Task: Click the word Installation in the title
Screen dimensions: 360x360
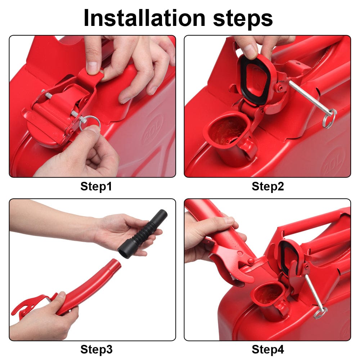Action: (x=144, y=18)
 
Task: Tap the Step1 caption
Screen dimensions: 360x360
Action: (x=96, y=186)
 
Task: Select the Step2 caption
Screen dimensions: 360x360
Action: (x=268, y=186)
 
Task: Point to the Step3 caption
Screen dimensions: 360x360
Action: (x=96, y=350)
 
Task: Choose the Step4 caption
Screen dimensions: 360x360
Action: (x=268, y=350)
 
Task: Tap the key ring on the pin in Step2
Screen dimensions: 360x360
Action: (x=330, y=118)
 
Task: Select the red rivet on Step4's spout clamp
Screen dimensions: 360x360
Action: (x=251, y=261)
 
